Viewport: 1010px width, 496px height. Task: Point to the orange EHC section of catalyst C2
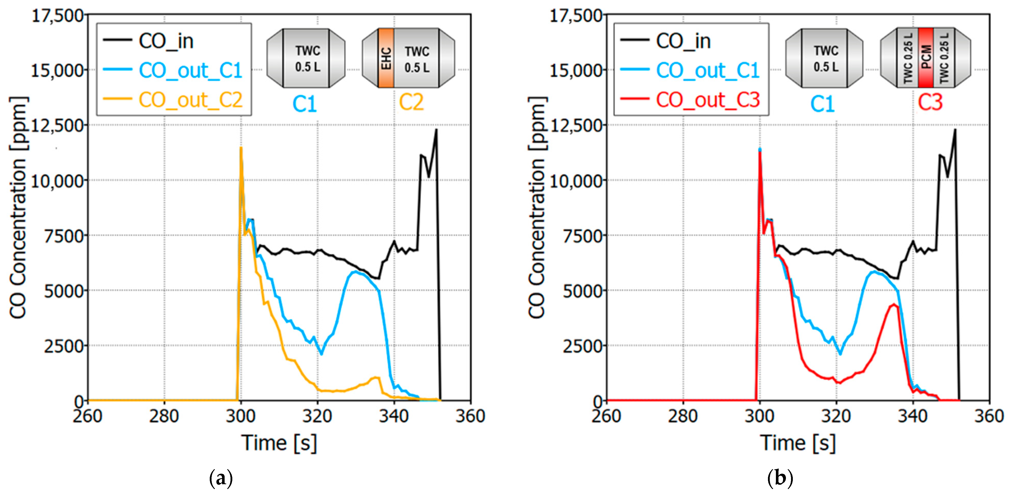[x=386, y=58]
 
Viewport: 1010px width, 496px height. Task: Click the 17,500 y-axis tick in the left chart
[x=58, y=16]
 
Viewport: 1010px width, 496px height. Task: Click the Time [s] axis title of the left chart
[x=279, y=443]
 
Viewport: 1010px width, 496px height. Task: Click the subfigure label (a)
[x=221, y=478]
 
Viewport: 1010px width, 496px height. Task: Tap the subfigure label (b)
[x=779, y=478]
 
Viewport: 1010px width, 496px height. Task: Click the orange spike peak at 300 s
[x=241, y=148]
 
